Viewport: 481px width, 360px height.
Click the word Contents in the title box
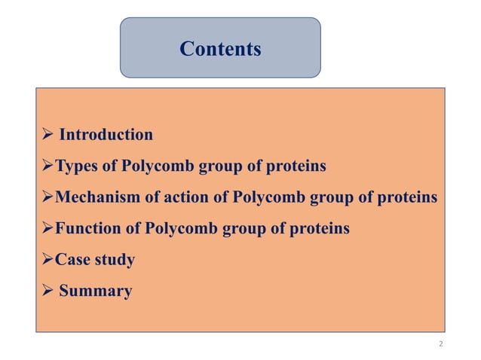click(220, 50)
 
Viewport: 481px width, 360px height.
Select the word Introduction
click(106, 135)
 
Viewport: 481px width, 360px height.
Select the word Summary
click(95, 291)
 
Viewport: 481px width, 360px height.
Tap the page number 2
click(440, 343)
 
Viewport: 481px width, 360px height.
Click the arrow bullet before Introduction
click(46, 136)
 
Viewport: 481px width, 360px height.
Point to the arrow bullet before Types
click(46, 166)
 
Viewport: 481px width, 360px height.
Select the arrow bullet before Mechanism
click(46, 198)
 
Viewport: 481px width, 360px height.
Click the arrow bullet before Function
click(46, 229)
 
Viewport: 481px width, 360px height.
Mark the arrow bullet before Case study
click(46, 261)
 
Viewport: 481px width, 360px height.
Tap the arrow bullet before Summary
click(46, 291)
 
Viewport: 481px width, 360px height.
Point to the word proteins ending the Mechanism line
click(408, 197)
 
